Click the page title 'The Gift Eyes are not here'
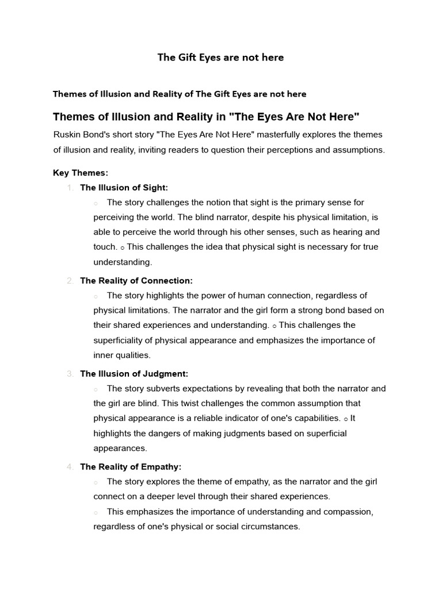click(221, 58)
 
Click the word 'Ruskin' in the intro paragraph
click(67, 135)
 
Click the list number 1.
click(70, 188)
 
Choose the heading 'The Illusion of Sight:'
click(124, 188)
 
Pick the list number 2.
click(70, 281)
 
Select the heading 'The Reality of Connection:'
click(136, 281)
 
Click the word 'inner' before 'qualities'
click(105, 355)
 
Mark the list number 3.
click(70, 374)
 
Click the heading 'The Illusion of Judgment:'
click(134, 374)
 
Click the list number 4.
click(70, 467)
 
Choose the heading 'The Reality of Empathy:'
click(131, 467)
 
